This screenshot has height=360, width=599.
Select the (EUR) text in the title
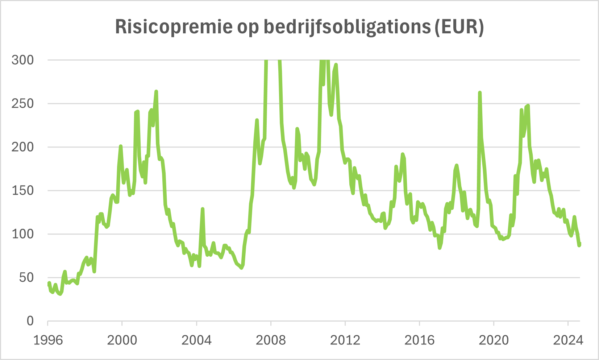point(459,27)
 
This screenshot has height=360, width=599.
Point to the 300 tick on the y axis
point(22,60)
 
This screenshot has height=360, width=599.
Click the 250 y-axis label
point(22,103)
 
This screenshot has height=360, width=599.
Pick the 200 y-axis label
point(22,147)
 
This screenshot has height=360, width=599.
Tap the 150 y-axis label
point(22,190)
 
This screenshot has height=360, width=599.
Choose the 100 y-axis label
point(22,234)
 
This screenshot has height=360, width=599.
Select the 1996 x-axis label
point(48,340)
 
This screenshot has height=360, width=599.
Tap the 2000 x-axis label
point(122,340)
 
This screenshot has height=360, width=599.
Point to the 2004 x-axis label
point(196,340)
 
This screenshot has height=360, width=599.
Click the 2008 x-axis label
point(271,340)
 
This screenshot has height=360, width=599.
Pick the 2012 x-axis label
point(345,340)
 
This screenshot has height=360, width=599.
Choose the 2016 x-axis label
point(419,340)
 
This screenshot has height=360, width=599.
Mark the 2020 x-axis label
point(494,340)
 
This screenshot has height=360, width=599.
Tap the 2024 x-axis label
point(568,340)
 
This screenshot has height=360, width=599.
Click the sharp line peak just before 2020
point(480,93)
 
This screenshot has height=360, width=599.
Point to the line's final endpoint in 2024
point(579,244)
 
